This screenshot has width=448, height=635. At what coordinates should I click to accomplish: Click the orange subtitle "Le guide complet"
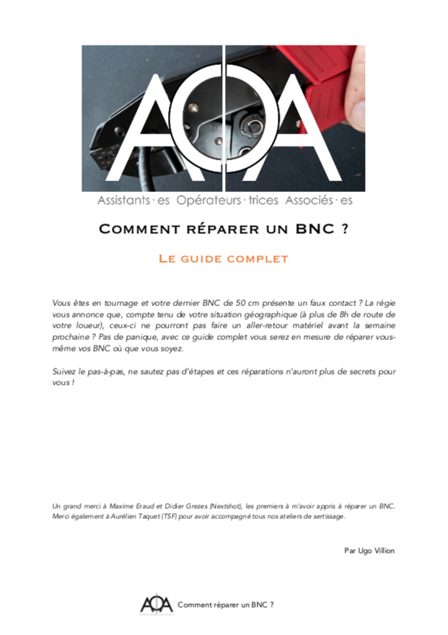pos(223,258)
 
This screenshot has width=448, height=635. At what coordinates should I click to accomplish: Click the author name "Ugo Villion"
pos(377,551)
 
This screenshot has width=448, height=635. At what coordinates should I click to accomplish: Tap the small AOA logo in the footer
pos(156,603)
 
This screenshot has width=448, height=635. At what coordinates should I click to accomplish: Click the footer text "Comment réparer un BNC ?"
pos(225,604)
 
